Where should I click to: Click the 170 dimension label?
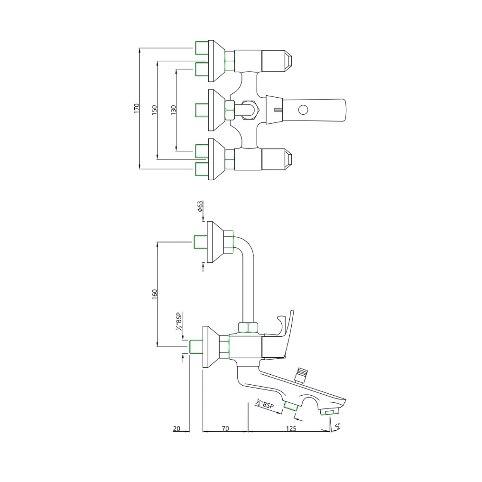[x=137, y=108]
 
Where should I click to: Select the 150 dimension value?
[x=154, y=109]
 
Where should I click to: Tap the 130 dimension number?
[x=174, y=110]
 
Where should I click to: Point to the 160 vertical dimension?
[x=155, y=294]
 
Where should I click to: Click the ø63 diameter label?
[x=200, y=206]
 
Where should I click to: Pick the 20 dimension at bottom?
[x=176, y=428]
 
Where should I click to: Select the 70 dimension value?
[x=225, y=428]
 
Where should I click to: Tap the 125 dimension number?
[x=291, y=428]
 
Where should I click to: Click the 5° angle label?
[x=337, y=426]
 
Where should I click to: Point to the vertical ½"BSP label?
[x=179, y=321]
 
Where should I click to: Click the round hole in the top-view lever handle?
[x=302, y=111]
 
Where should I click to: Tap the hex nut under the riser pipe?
[x=249, y=327]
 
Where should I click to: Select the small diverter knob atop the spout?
[x=300, y=374]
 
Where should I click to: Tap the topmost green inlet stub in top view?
[x=202, y=47]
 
